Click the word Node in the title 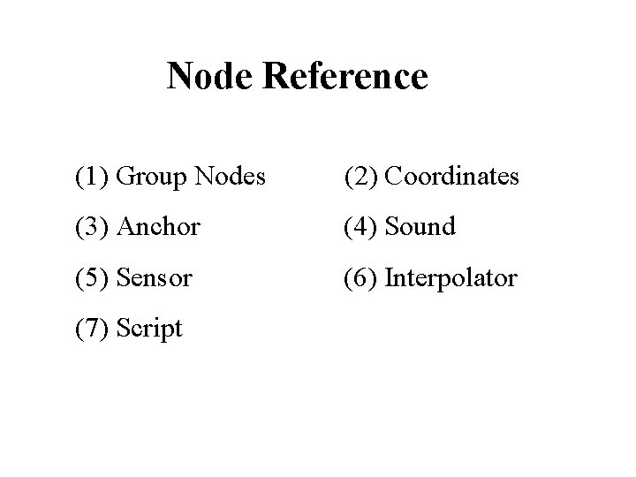210,77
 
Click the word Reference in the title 345,77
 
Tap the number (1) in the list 91,177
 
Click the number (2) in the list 361,177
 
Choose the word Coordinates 452,177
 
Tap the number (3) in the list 91,227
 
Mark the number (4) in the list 361,227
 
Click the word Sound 420,227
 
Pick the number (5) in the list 91,278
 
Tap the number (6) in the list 361,278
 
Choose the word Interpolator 450,278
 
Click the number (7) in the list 91,329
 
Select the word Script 149,329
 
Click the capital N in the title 180,77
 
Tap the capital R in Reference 275,77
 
